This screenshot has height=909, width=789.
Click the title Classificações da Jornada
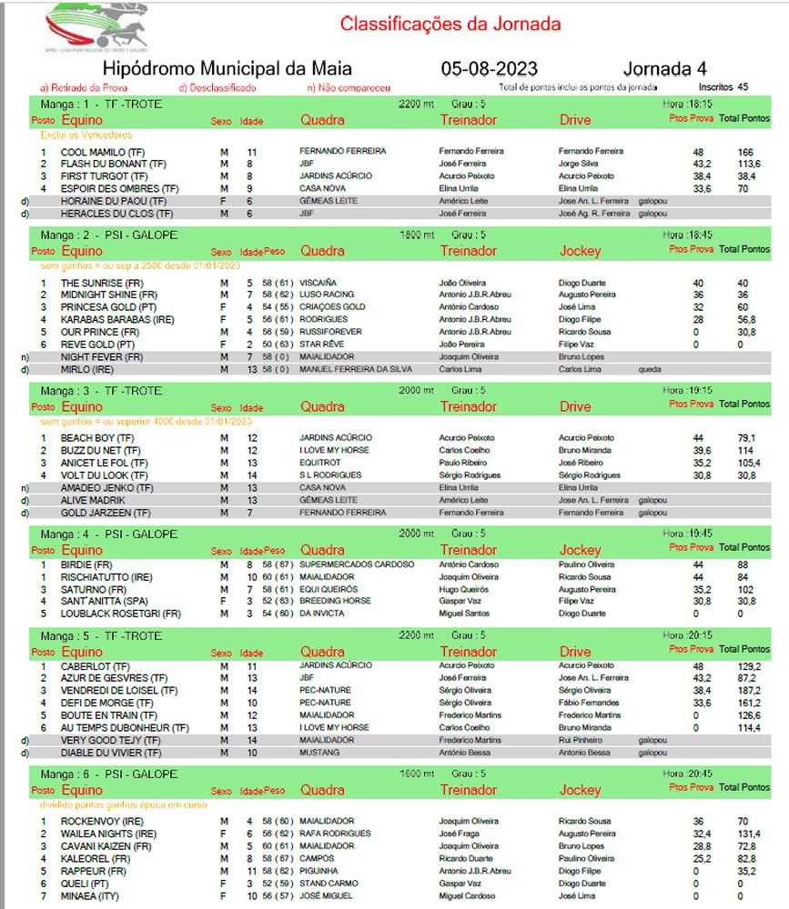450,24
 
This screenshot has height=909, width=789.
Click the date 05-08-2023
489,69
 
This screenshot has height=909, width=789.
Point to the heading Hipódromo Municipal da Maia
228,69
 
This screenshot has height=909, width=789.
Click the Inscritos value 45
743,87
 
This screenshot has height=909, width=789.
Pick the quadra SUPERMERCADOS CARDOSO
357,564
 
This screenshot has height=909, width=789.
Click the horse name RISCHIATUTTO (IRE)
106,577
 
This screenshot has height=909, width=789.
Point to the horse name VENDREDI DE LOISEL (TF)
115,690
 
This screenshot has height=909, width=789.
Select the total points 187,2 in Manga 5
749,690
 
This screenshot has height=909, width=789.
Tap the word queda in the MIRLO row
650,371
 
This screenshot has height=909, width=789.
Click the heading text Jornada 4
665,69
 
